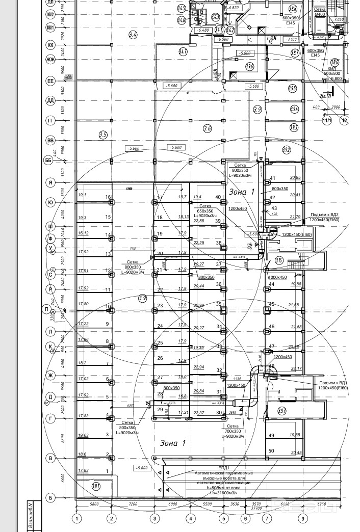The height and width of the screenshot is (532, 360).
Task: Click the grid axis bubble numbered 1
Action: tap(77, 519)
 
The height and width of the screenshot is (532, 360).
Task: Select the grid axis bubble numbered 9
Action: tap(303, 519)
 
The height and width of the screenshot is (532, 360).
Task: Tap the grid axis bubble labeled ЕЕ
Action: tap(50, 81)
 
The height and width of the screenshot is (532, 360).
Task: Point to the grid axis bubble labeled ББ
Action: tap(49, 161)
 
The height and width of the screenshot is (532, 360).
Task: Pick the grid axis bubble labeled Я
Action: tap(50, 182)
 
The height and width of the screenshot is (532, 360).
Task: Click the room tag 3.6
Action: tap(207, 128)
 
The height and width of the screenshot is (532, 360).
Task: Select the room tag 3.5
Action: tap(103, 135)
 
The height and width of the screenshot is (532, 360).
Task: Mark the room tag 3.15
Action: tap(279, 260)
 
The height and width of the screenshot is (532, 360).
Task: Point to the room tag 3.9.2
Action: tap(286, 150)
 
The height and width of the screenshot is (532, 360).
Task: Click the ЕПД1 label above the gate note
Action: tap(224, 467)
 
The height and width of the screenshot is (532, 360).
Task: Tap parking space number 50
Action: tap(271, 451)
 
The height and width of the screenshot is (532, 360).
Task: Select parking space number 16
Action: tap(108, 197)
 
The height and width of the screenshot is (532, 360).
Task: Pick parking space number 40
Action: tap(218, 197)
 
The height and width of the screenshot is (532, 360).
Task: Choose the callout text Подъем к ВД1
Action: tap(333, 383)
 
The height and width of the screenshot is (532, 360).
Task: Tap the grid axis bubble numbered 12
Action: tap(345, 120)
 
